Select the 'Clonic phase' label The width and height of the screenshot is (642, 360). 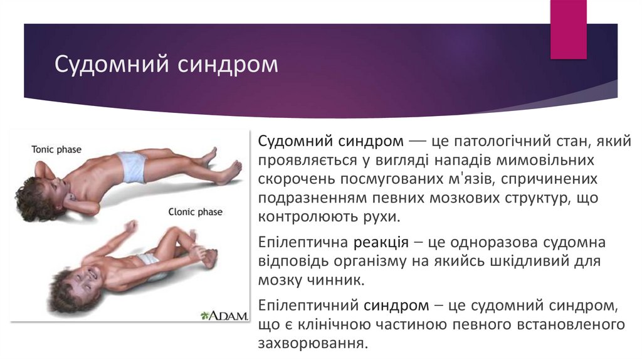coord(195,212)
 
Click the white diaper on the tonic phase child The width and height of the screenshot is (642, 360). coord(134,166)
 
